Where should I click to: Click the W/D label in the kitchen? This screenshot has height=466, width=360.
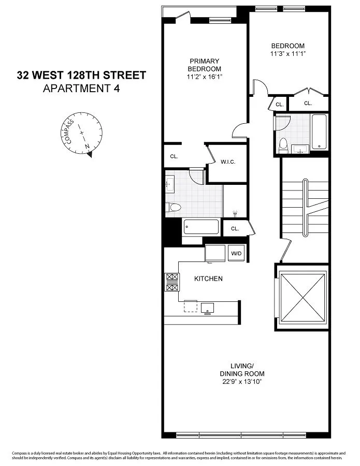coord(236,253)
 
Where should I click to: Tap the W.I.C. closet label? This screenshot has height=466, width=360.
coord(228,162)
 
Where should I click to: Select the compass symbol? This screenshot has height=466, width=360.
coord(83,133)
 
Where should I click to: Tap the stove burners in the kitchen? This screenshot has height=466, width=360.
coord(171,282)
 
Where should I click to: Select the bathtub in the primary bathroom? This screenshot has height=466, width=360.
coord(200,227)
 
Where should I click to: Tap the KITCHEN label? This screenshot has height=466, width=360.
coord(208,279)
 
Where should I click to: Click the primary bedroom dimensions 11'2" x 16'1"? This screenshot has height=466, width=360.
coord(205,77)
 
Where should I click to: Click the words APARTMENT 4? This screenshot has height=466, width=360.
coord(81,88)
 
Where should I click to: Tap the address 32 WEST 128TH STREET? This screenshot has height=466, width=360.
coord(81,76)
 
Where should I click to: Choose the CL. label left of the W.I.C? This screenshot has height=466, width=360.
coord(174,157)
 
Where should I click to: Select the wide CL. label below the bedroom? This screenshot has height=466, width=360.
coord(308,104)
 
